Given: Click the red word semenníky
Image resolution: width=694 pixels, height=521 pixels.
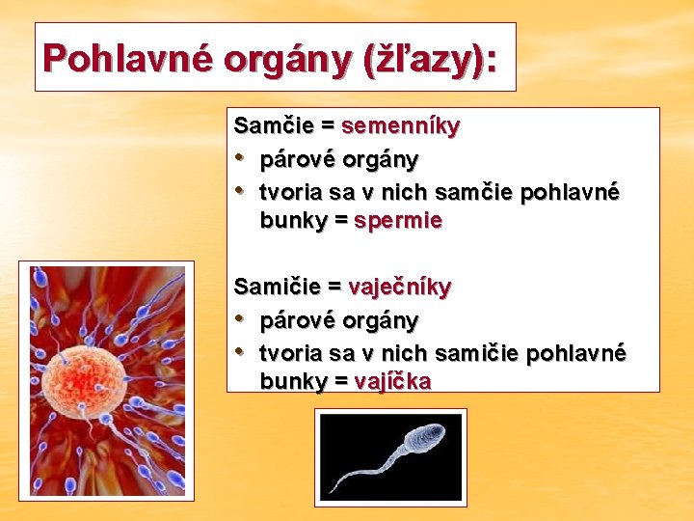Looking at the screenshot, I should [x=400, y=125].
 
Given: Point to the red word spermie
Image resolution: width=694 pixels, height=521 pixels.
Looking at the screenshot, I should [x=398, y=221].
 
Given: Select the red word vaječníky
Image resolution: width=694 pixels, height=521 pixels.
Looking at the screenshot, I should [x=399, y=287].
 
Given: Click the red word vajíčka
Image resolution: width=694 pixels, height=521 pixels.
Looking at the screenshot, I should [x=392, y=381].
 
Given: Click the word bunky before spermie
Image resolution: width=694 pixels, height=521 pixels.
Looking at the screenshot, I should [x=293, y=221].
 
